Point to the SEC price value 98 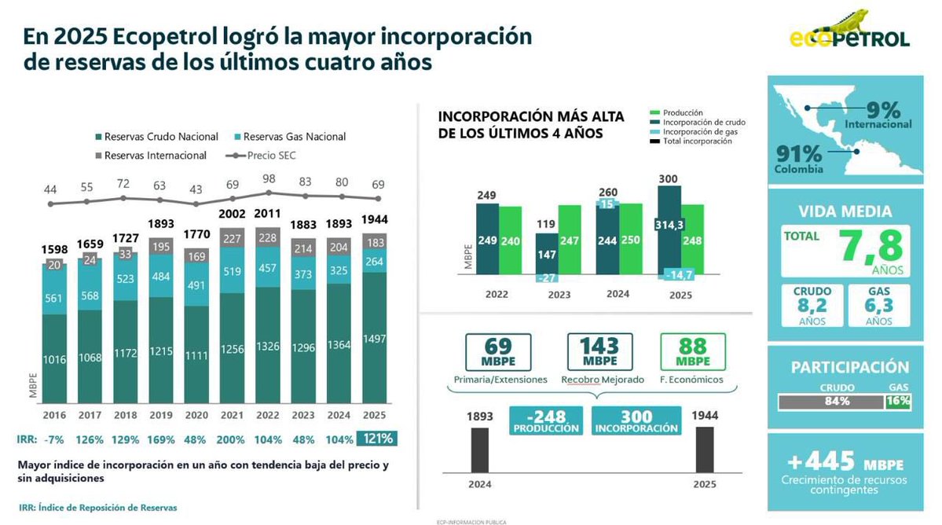[269, 178]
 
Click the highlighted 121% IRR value [376, 439]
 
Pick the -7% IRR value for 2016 [54, 439]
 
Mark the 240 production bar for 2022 [510, 240]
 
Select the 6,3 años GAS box [879, 305]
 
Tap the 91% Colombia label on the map [798, 159]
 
